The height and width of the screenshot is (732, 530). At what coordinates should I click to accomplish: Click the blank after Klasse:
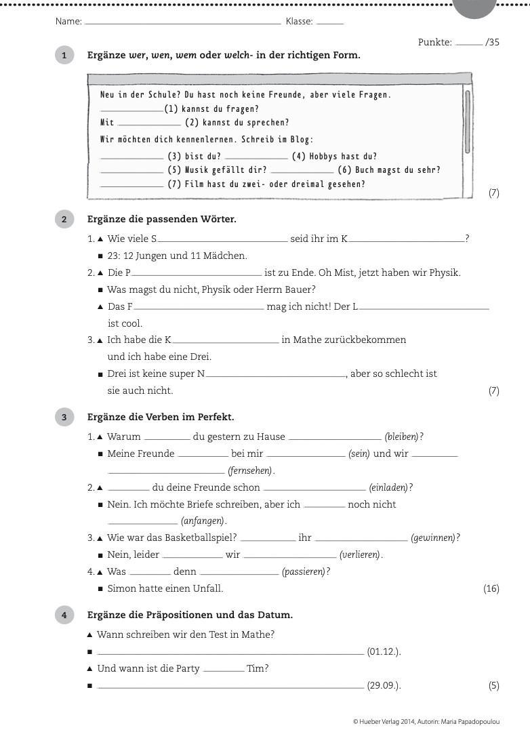(x=330, y=23)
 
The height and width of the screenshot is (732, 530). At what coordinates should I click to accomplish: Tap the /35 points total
(x=492, y=42)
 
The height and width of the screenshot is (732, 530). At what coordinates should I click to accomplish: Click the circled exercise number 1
(x=64, y=56)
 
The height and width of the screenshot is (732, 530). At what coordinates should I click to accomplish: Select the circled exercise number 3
(x=64, y=418)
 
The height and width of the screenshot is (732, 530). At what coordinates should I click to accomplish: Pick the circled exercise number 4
(x=64, y=615)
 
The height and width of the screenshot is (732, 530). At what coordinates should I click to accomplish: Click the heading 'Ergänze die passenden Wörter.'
(x=162, y=219)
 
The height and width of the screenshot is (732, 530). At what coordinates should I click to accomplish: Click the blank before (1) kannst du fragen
(x=131, y=110)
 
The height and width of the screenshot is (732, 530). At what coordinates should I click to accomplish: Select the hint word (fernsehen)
(x=250, y=471)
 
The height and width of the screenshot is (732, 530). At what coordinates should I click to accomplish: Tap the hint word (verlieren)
(x=359, y=555)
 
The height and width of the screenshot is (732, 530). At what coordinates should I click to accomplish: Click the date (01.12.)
(x=384, y=652)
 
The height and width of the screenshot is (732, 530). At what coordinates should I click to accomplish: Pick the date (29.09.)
(x=384, y=685)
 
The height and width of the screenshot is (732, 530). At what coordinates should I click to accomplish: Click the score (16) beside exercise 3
(x=491, y=588)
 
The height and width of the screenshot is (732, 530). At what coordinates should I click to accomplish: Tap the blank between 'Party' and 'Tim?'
(x=224, y=670)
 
